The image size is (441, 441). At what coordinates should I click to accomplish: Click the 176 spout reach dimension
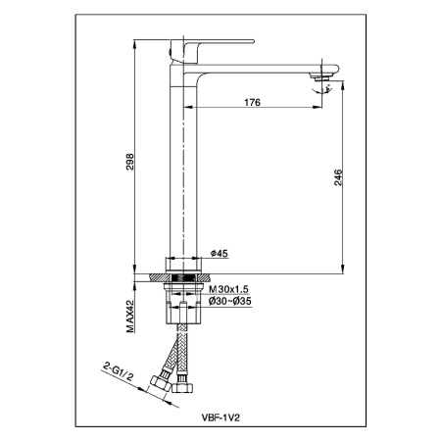point(253,102)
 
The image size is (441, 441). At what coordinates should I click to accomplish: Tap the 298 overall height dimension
point(130,162)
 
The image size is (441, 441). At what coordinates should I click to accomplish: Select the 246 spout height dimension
point(338,177)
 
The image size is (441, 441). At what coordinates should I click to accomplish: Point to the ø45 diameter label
point(220,253)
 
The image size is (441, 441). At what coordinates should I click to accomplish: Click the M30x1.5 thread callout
point(228,289)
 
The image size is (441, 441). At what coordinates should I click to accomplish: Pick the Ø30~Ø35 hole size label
point(230,301)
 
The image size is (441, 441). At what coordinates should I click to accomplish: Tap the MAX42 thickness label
point(130,317)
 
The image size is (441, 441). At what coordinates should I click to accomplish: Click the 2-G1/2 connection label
point(118,372)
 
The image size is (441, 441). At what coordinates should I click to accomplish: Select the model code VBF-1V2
point(220,417)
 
